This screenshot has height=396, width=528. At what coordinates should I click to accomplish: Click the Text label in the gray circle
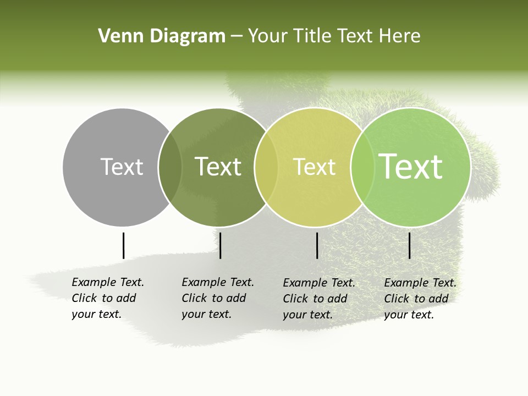coord(122,167)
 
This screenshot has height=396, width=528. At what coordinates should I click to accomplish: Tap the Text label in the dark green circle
coord(218,167)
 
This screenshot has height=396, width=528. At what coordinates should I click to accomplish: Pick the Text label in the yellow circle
coord(314,167)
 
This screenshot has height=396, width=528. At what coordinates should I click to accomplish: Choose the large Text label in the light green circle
coord(411,167)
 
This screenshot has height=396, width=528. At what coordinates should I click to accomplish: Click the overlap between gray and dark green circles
coord(170,167)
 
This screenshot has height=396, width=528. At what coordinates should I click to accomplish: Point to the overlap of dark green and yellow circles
coord(266,167)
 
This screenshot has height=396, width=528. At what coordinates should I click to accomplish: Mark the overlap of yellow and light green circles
coord(362,167)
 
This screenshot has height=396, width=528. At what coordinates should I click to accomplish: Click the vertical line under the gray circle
coord(123,245)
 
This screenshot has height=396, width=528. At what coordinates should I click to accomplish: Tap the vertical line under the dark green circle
coord(220,245)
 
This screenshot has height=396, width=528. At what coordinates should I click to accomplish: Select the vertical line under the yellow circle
coord(317,245)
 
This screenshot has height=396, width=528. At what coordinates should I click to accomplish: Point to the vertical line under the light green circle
coord(409,245)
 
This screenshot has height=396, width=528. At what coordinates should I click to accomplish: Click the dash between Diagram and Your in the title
coord(237,37)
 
